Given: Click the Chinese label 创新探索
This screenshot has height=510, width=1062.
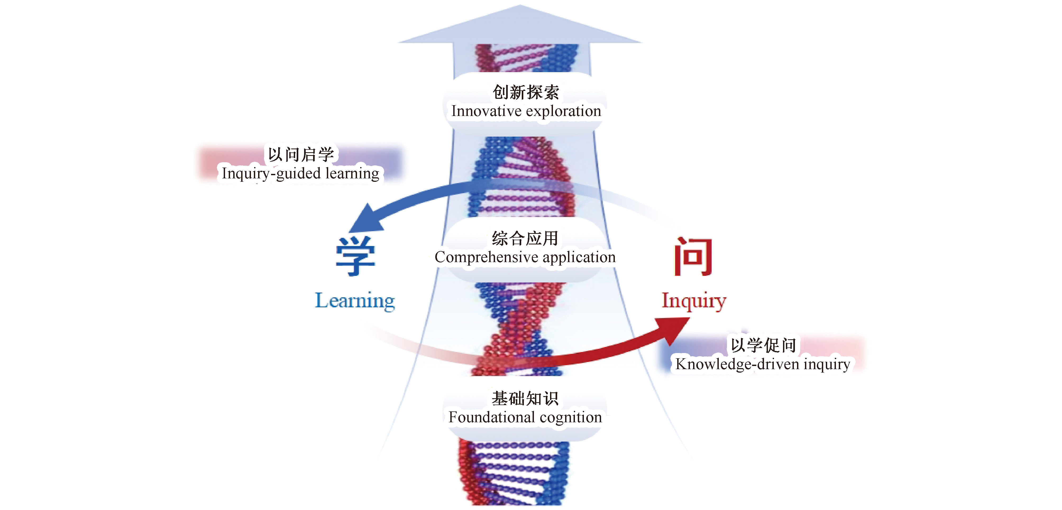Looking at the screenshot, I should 526,92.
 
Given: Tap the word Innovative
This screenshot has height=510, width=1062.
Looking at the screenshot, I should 486,111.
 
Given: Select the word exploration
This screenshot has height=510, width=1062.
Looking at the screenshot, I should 564,111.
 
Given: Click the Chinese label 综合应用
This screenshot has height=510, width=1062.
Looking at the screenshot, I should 525,238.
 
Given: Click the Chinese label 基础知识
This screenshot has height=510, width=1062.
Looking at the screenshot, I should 525,398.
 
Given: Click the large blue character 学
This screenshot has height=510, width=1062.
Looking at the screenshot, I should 355,256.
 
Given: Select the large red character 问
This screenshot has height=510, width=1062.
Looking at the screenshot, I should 693,256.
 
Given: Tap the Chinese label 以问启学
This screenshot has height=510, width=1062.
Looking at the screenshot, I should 301,155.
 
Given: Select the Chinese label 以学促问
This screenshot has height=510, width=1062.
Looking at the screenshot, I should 763,345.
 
